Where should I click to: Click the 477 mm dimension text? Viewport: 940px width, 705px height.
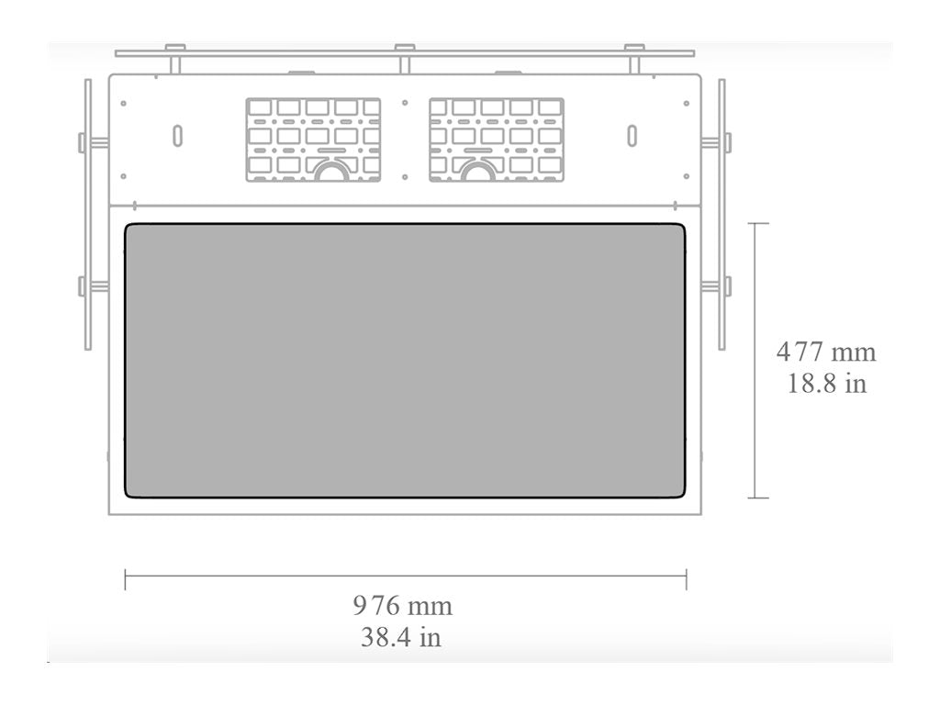[826, 352]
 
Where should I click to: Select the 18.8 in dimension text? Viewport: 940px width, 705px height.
[827, 383]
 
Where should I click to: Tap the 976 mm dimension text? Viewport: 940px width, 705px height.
[403, 606]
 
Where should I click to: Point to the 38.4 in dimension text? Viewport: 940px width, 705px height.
[401, 637]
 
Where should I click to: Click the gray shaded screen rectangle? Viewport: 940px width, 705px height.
[405, 360]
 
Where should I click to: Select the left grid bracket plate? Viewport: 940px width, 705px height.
[313, 140]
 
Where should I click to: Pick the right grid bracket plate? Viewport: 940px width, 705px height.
[497, 140]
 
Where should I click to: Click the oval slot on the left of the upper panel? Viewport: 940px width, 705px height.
[177, 136]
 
